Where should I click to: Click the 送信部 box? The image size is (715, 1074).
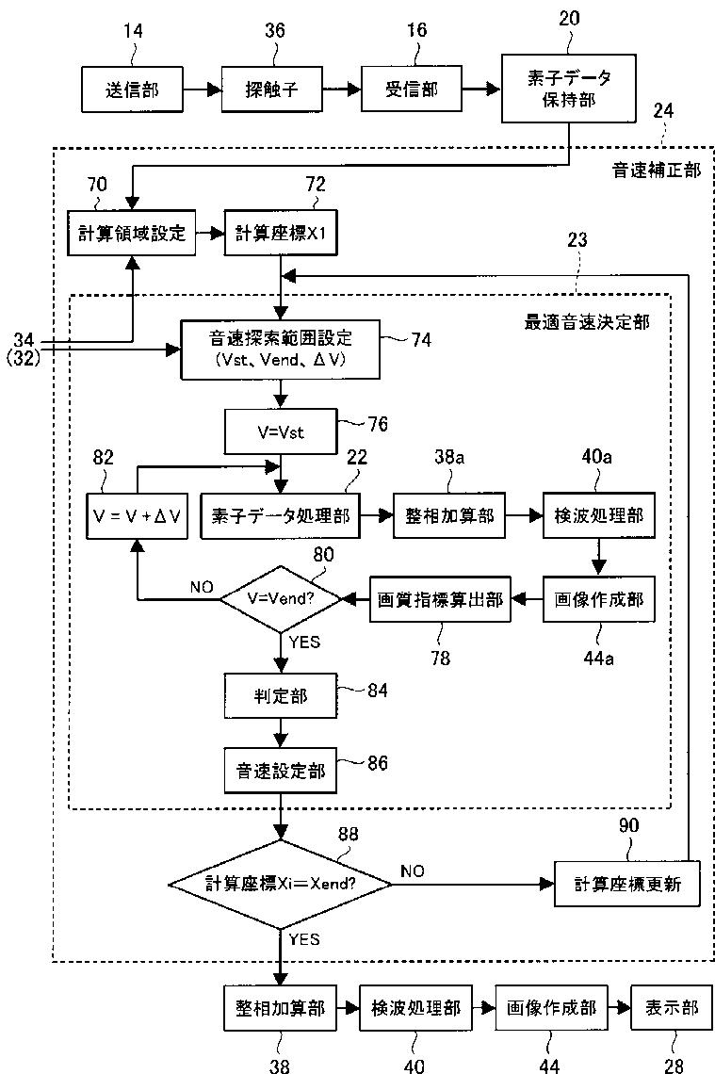click(x=132, y=89)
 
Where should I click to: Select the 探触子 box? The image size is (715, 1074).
click(x=272, y=89)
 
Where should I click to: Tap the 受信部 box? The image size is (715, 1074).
click(x=411, y=89)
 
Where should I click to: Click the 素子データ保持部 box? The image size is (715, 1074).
click(x=568, y=89)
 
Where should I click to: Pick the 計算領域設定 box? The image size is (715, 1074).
click(x=132, y=233)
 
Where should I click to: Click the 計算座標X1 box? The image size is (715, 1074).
click(x=281, y=233)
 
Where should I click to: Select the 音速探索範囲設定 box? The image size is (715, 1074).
click(x=280, y=349)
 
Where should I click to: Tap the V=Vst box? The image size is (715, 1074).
click(x=281, y=431)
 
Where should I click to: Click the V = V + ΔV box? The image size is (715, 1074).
click(x=138, y=515)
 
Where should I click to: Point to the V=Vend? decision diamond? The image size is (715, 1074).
click(x=281, y=599)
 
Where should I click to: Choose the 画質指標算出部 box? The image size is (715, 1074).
click(x=440, y=599)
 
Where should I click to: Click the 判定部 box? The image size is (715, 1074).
click(x=281, y=696)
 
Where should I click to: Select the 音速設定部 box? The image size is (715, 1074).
click(x=281, y=772)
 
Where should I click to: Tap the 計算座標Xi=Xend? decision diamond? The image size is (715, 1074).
click(x=281, y=884)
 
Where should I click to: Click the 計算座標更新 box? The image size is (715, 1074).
click(x=627, y=884)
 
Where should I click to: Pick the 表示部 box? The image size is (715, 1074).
click(x=672, y=1007)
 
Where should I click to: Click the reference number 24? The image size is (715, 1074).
click(x=662, y=110)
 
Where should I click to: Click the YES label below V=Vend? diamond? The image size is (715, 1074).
click(x=305, y=642)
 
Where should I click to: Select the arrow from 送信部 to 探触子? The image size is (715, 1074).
click(x=203, y=89)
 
